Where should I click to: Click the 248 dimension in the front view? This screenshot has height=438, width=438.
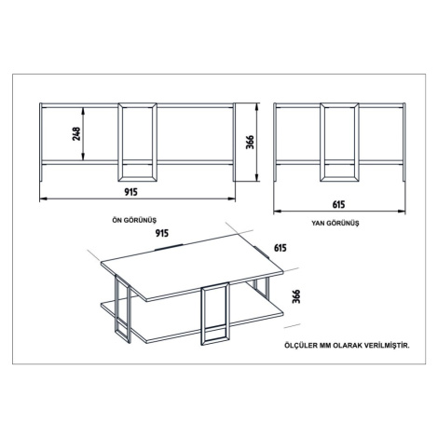(76, 133)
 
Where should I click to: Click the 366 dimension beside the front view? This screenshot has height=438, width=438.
(250, 143)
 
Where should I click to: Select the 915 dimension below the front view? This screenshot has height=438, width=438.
(130, 192)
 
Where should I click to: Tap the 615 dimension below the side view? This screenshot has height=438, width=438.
(338, 205)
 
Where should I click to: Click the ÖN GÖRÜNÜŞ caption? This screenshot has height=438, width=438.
(134, 220)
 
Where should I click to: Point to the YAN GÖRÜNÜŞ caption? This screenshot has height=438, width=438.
(335, 223)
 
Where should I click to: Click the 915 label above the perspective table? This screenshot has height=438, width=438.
(162, 233)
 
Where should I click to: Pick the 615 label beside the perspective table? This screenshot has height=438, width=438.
(281, 248)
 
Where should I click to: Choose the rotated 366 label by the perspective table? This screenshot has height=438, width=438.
(296, 296)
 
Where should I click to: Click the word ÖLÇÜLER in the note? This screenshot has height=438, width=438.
(301, 346)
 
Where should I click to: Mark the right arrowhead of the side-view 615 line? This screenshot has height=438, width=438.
(402, 212)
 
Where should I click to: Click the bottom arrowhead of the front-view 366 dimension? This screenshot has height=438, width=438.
(257, 178)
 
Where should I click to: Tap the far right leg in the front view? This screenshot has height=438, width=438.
(235, 142)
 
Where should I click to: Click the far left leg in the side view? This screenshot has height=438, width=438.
(275, 142)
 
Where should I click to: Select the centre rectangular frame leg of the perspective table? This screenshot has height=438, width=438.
(215, 314)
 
